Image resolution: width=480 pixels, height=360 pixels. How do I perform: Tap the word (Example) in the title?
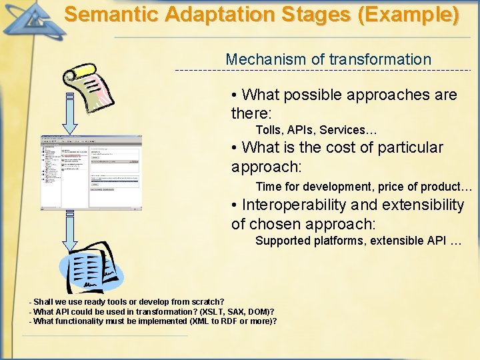point(409,15)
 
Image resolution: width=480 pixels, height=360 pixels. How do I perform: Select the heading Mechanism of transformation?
point(328,59)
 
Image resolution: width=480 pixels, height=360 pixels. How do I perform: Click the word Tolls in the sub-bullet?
point(269,130)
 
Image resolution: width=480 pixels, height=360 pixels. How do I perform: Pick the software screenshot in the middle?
point(91,172)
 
